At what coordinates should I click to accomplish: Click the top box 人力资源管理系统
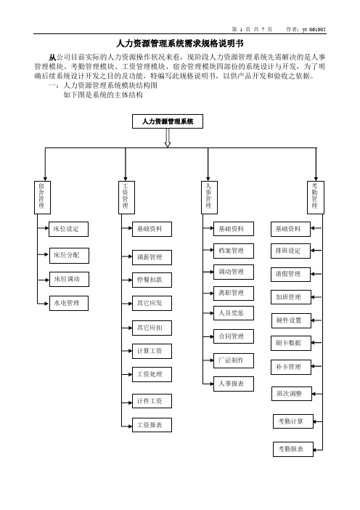coord(168,121)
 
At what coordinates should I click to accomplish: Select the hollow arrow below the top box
coord(168,138)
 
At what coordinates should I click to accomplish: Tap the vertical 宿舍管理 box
coord(42,198)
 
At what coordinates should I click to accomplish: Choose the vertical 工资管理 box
coord(126,198)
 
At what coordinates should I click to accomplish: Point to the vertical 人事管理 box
coord(209,198)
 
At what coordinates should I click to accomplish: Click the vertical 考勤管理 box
coord(316,198)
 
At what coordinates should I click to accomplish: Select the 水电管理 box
coord(69,303)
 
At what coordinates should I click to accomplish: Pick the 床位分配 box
coord(69,255)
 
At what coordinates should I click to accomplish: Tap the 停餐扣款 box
coord(152,280)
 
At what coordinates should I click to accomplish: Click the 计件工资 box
coord(152,401)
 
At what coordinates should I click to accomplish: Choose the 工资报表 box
coord(152,425)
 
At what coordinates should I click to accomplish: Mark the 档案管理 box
coord(234,251)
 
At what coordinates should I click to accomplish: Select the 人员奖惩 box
coord(234,314)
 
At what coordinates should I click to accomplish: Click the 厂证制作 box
coord(234,361)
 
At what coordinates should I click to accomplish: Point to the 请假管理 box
coord(291,274)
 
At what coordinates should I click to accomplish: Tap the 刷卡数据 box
coord(291,343)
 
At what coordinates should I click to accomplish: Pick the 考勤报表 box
coord(293,449)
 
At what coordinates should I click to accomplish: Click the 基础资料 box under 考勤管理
coord(291,229)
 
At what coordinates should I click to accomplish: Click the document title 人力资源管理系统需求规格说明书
coord(180,44)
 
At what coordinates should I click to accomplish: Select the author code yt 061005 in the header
coord(314,29)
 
